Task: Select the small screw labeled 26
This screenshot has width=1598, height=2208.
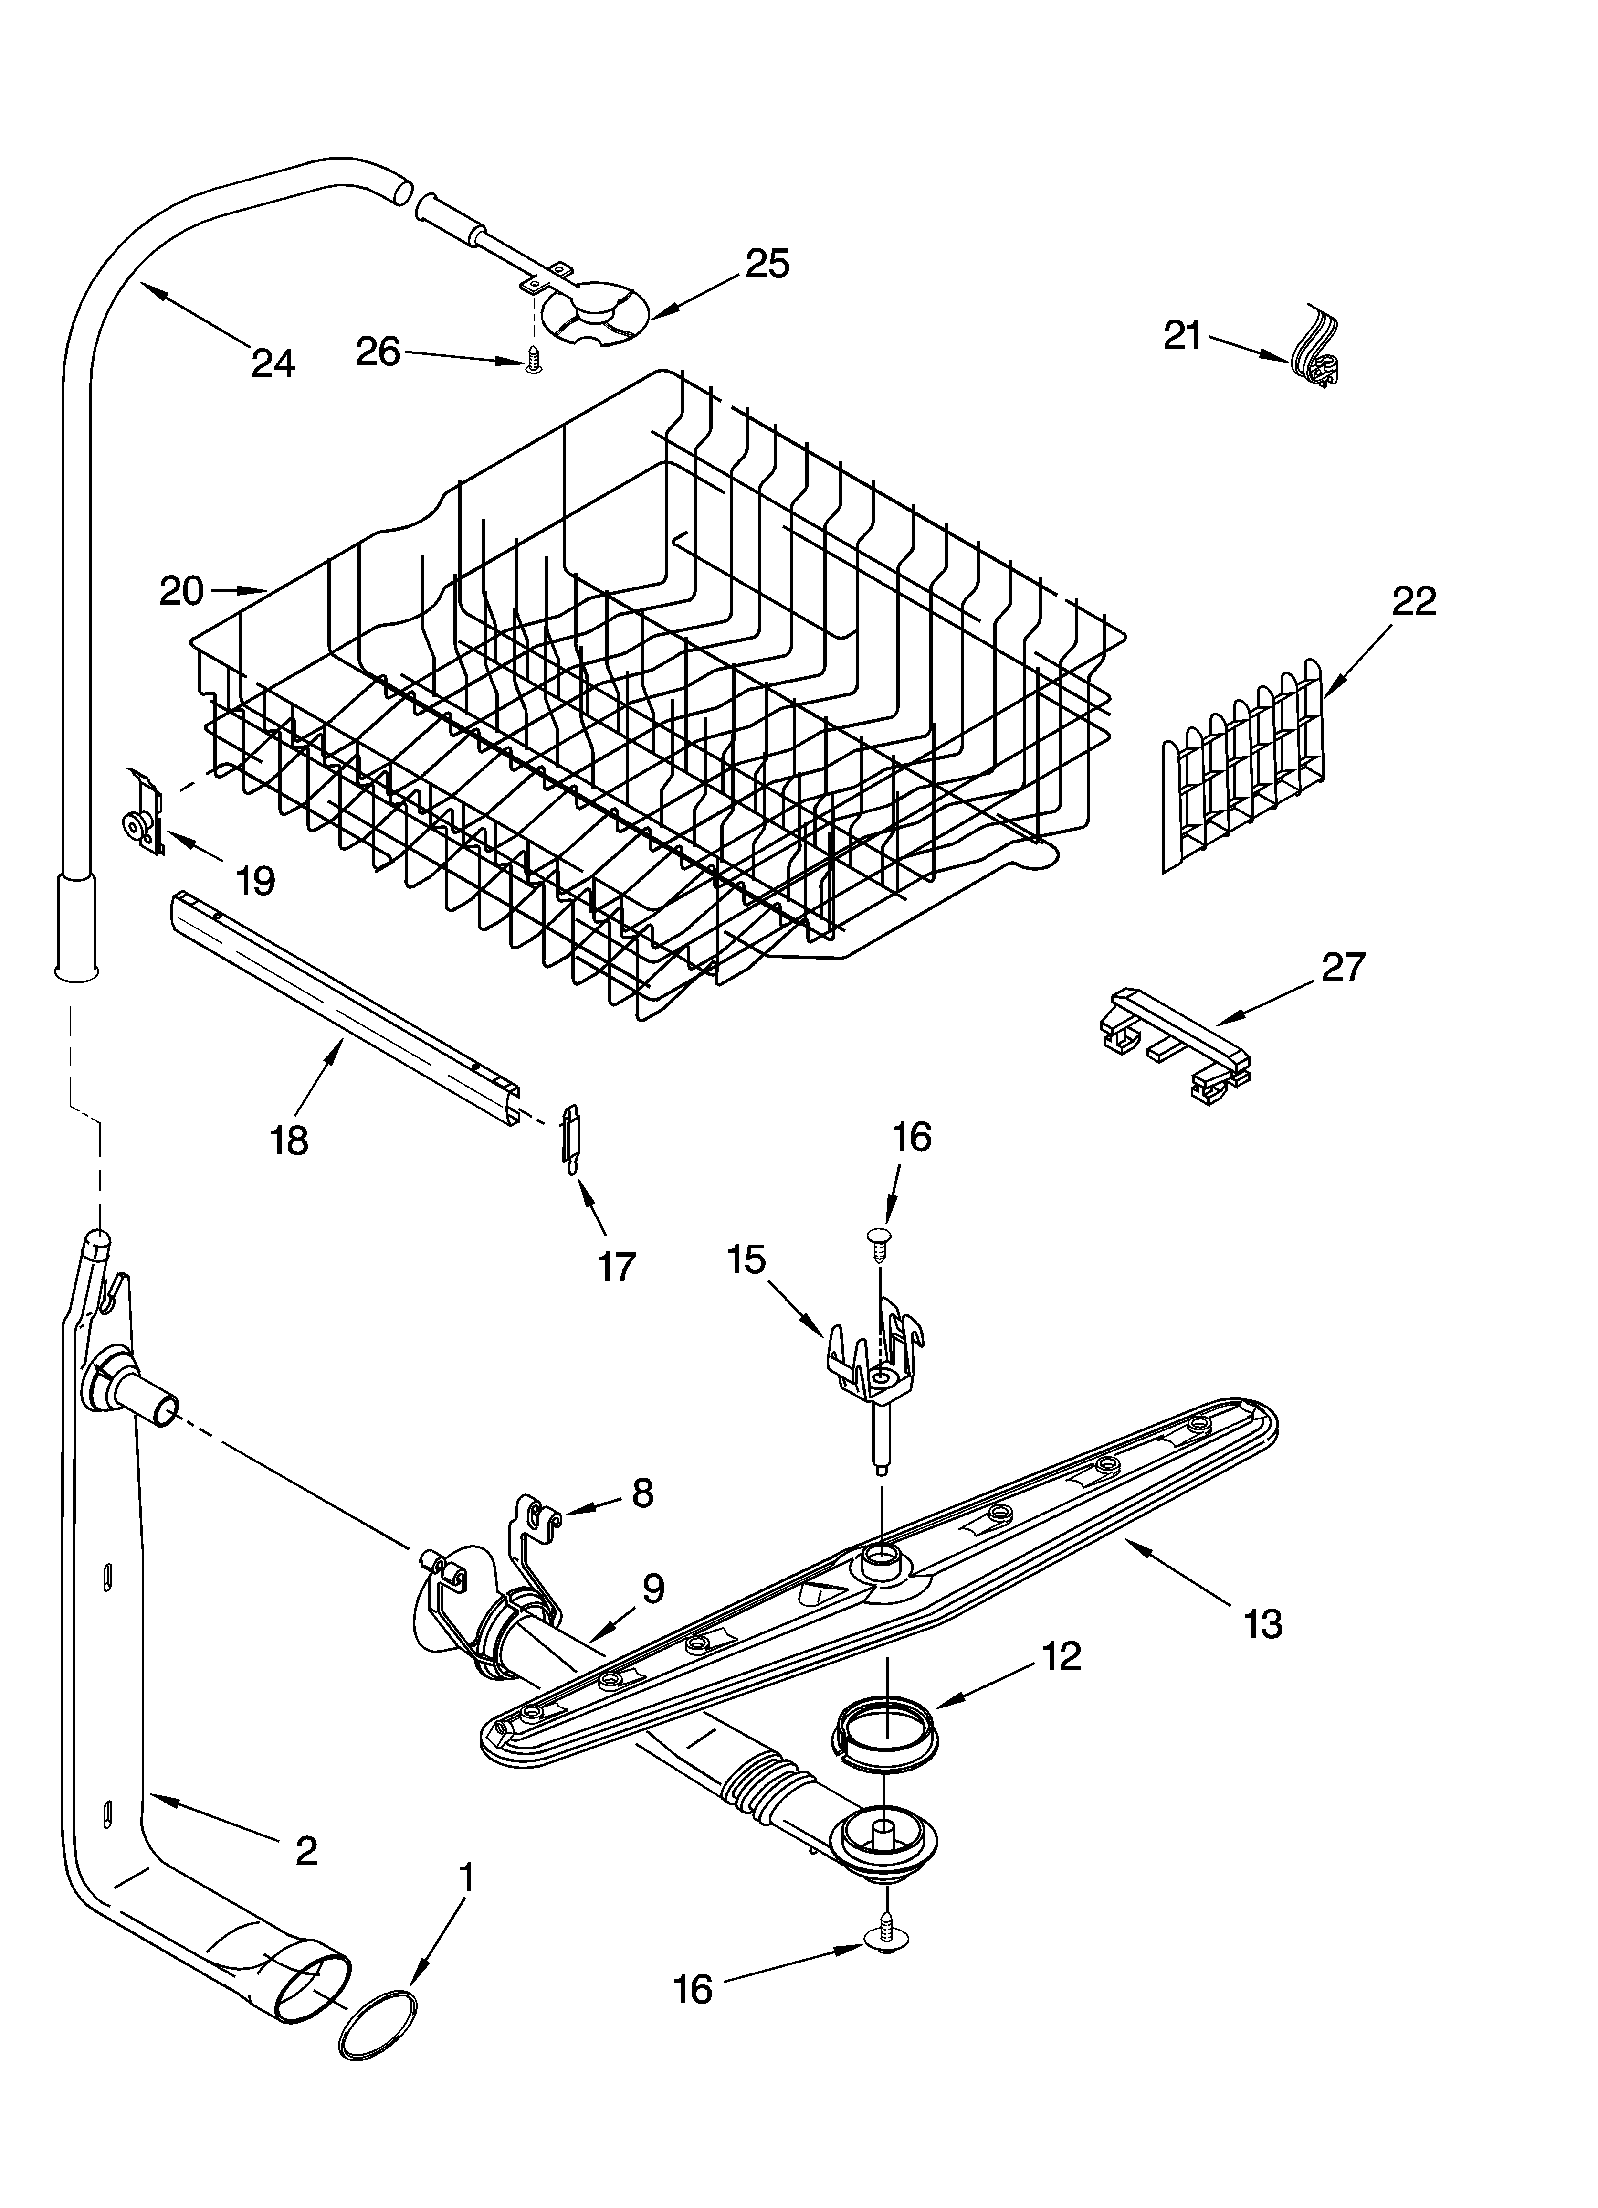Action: click(532, 361)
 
